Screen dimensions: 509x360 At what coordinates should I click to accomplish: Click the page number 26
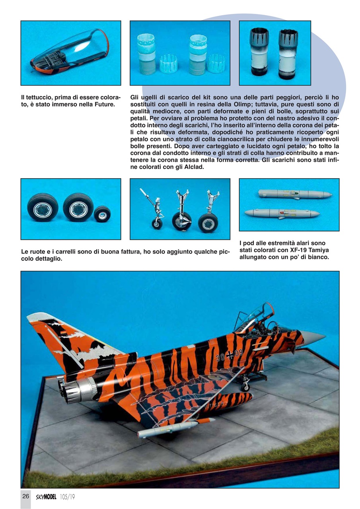click(26, 496)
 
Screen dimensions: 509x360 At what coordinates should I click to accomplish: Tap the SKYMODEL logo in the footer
click(45, 497)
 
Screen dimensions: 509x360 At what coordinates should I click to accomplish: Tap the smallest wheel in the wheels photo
click(102, 214)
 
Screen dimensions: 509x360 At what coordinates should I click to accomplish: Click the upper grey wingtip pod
click(294, 194)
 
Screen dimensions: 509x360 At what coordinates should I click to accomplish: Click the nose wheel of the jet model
click(245, 387)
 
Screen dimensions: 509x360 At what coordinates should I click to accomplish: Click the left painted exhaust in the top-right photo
click(259, 52)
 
